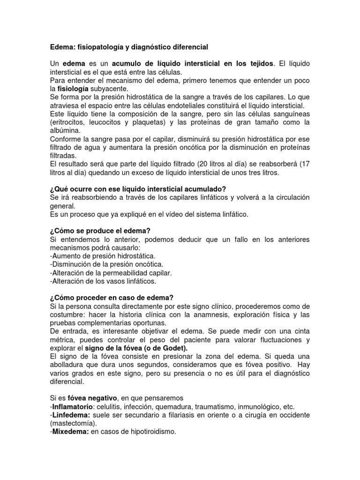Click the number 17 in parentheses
305,165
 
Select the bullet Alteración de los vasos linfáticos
103,281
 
